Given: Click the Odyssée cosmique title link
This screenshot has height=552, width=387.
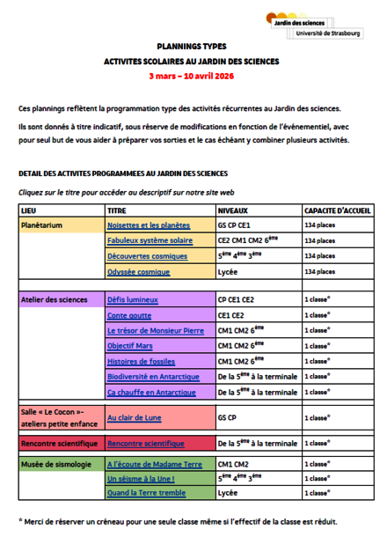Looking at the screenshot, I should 138,272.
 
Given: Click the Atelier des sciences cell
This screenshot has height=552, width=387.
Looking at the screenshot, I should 52,299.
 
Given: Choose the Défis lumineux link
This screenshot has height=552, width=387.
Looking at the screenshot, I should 133,299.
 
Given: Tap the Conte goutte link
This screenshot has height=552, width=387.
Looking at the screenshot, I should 128,315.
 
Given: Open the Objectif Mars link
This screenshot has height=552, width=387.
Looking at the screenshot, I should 129,346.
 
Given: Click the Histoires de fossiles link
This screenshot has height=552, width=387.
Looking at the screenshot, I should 141,361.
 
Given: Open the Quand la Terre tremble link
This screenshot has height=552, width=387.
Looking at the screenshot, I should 146,493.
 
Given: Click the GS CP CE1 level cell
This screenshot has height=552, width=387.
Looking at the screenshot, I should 234,225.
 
